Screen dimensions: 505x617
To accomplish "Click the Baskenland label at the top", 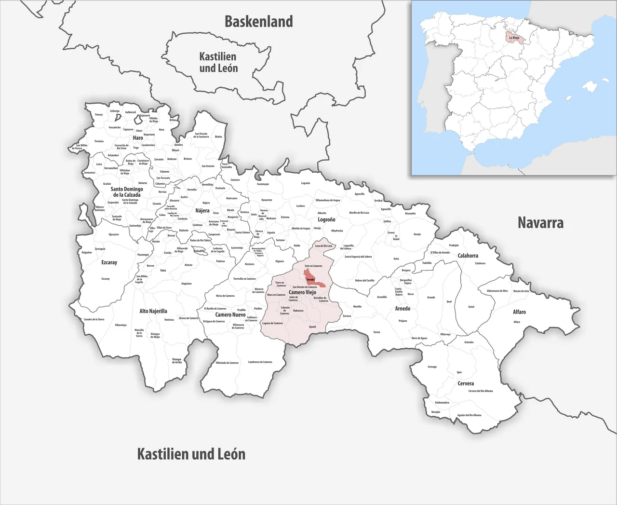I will tap(259, 22).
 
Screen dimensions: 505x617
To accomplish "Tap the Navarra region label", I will tap(540, 222).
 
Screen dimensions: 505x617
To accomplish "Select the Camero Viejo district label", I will tap(303, 292).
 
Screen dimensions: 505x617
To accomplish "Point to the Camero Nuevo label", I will tap(230, 314).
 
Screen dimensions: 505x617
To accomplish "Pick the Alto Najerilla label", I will tap(153, 311).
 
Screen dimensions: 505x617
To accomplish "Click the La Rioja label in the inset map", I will tap(514, 37).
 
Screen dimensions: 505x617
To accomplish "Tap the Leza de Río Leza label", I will tap(323, 246).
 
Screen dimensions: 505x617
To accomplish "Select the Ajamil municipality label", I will tap(312, 327).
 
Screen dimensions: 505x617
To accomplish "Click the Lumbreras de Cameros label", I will tap(260, 362).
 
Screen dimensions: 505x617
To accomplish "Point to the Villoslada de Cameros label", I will tap(227, 363).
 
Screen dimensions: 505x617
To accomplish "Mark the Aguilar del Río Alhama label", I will tap(469, 415).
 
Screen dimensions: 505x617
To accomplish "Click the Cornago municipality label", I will tap(432, 367).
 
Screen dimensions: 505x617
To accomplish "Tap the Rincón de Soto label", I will tap(521, 291).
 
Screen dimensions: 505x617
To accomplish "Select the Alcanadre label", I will tap(410, 213).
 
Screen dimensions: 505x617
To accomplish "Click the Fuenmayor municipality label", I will tap(263, 184).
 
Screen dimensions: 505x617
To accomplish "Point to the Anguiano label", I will tap(186, 284).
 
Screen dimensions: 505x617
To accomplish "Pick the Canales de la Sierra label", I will tap(94, 319).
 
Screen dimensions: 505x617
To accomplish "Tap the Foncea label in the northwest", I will tap(99, 115).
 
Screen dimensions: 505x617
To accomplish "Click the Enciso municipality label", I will tap(376, 332).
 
